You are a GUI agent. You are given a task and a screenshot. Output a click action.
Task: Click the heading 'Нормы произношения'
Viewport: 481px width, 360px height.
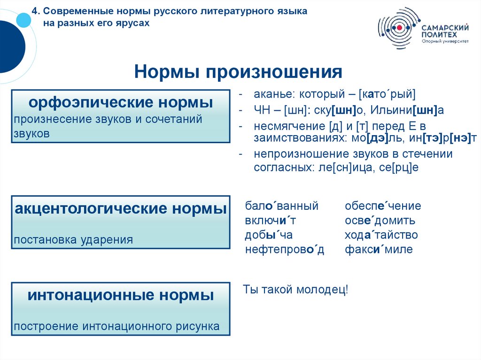click(238, 72)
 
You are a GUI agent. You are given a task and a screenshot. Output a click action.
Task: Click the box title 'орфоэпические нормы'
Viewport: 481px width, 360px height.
click(120, 102)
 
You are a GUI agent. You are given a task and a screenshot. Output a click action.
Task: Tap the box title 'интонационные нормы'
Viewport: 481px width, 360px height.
click(120, 295)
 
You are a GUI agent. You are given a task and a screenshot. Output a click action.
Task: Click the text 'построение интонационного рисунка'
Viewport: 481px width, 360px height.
click(116, 326)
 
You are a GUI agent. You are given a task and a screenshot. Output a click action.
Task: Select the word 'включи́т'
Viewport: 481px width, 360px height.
click(270, 221)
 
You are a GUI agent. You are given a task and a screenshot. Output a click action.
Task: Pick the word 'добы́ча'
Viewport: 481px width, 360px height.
click(269, 235)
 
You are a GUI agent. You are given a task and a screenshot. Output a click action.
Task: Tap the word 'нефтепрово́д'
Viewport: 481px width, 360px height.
click(285, 249)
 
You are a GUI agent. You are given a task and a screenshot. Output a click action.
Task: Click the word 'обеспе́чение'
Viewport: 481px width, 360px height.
click(383, 206)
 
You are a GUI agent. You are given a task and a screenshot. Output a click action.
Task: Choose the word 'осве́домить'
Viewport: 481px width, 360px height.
click(380, 221)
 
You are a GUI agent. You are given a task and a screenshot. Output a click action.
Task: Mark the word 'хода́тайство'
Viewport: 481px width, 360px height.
click(381, 235)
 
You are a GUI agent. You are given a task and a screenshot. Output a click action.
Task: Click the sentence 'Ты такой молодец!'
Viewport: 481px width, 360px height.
click(295, 290)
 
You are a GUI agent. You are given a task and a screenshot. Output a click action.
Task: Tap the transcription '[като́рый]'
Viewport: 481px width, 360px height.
click(387, 94)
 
